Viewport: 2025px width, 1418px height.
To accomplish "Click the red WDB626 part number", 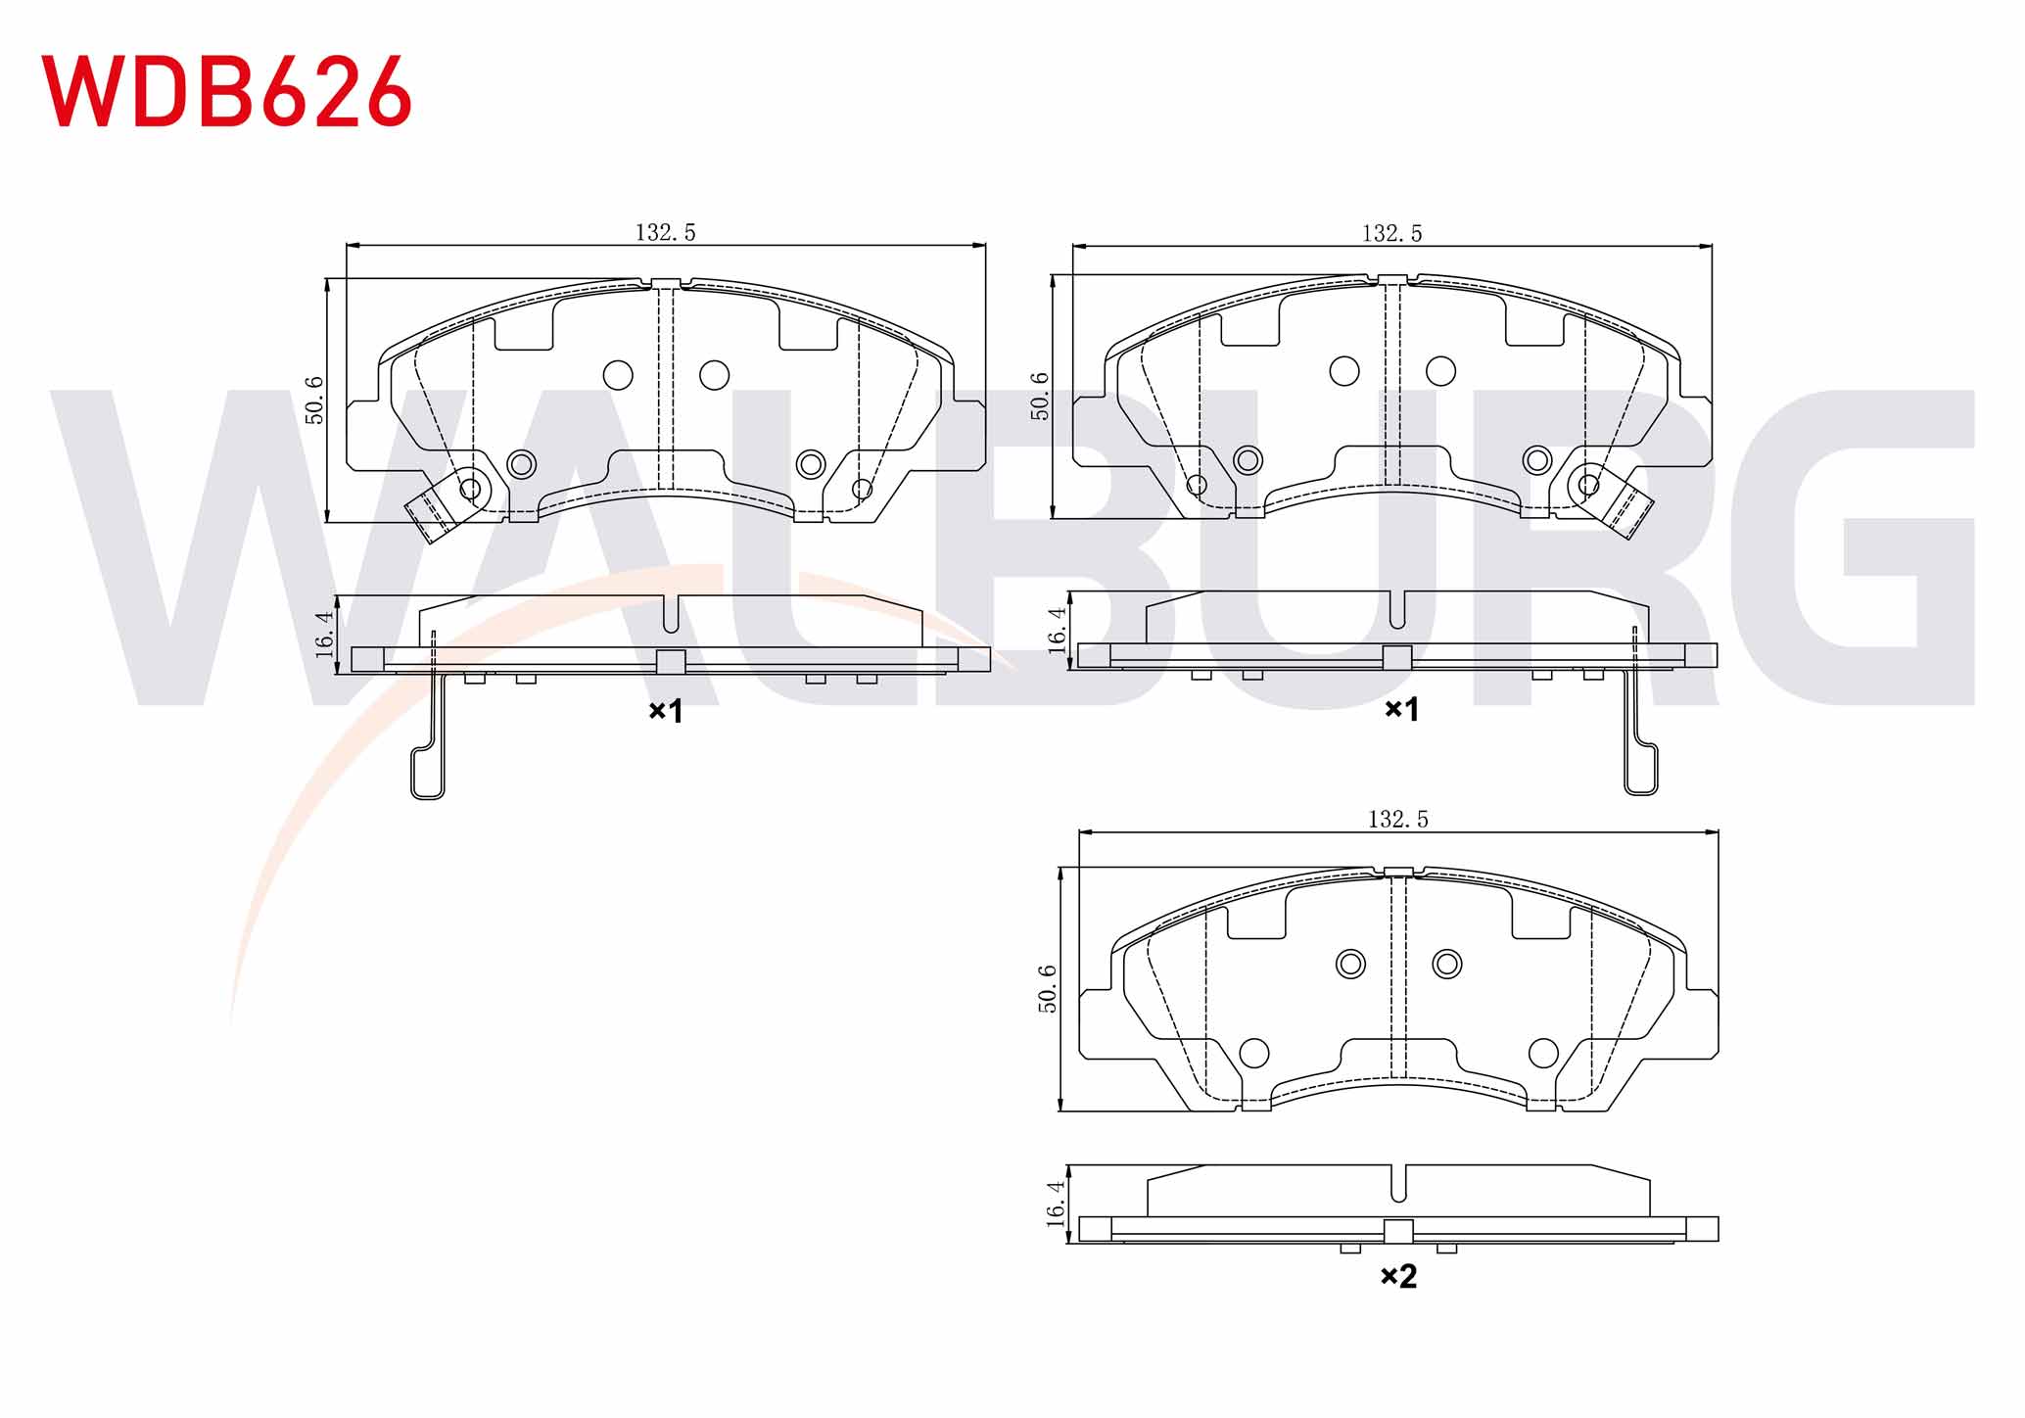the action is click(226, 91).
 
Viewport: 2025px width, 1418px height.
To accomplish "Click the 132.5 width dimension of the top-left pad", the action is click(666, 232).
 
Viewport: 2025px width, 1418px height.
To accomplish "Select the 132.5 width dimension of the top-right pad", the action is click(1391, 233).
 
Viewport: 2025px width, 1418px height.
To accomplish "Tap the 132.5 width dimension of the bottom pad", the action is click(1397, 819).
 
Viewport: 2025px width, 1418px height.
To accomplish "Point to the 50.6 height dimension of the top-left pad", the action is click(314, 400).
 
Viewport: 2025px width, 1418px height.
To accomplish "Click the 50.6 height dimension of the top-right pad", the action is click(1040, 396).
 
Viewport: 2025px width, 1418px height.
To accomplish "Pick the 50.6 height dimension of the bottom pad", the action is click(1047, 989).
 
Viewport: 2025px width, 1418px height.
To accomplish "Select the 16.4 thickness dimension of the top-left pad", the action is click(324, 635).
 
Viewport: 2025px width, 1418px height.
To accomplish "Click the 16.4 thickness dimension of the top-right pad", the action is click(1057, 630).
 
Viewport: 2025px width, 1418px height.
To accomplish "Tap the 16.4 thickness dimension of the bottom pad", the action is click(1056, 1204).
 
